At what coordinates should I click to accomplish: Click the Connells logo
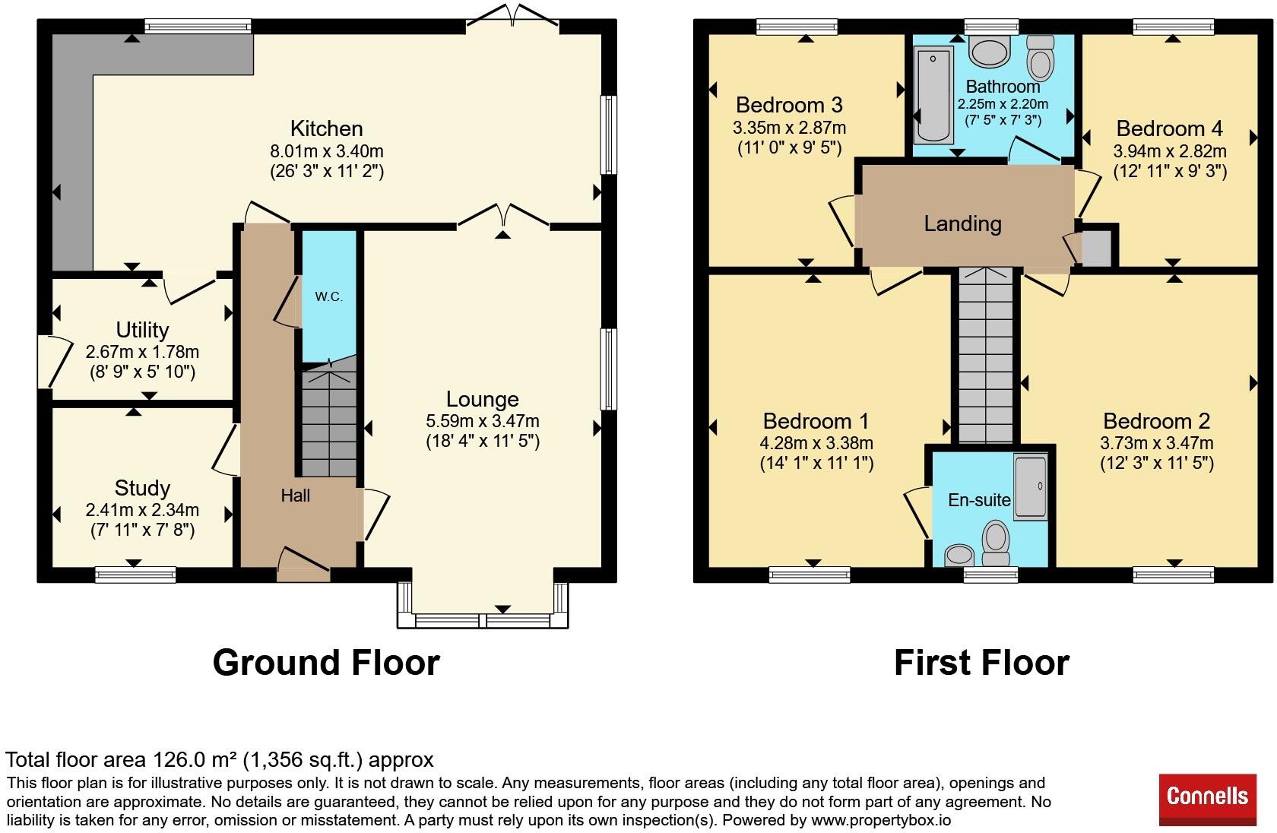point(1207,799)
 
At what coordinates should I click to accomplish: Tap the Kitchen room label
point(327,129)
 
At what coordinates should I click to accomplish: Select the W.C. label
point(329,296)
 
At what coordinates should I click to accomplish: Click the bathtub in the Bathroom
point(933,95)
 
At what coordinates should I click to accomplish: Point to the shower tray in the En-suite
point(1031,487)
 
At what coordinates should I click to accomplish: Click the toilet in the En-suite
point(996,543)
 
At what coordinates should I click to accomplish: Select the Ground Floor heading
point(326,663)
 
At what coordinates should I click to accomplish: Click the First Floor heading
point(982,663)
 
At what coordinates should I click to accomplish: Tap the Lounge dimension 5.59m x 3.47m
point(482,421)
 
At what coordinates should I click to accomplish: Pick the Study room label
point(143,489)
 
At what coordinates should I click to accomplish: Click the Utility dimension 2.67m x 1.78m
point(143,352)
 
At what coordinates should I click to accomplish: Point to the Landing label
point(963,223)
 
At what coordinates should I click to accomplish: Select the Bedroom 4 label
point(1170,129)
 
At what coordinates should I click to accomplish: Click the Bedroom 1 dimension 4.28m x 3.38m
point(816,443)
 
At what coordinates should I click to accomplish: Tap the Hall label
point(295,496)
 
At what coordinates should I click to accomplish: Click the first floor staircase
point(986,355)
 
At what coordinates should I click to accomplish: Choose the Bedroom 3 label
point(789,106)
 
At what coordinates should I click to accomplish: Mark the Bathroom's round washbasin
point(990,52)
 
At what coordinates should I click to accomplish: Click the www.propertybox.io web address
point(881,820)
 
